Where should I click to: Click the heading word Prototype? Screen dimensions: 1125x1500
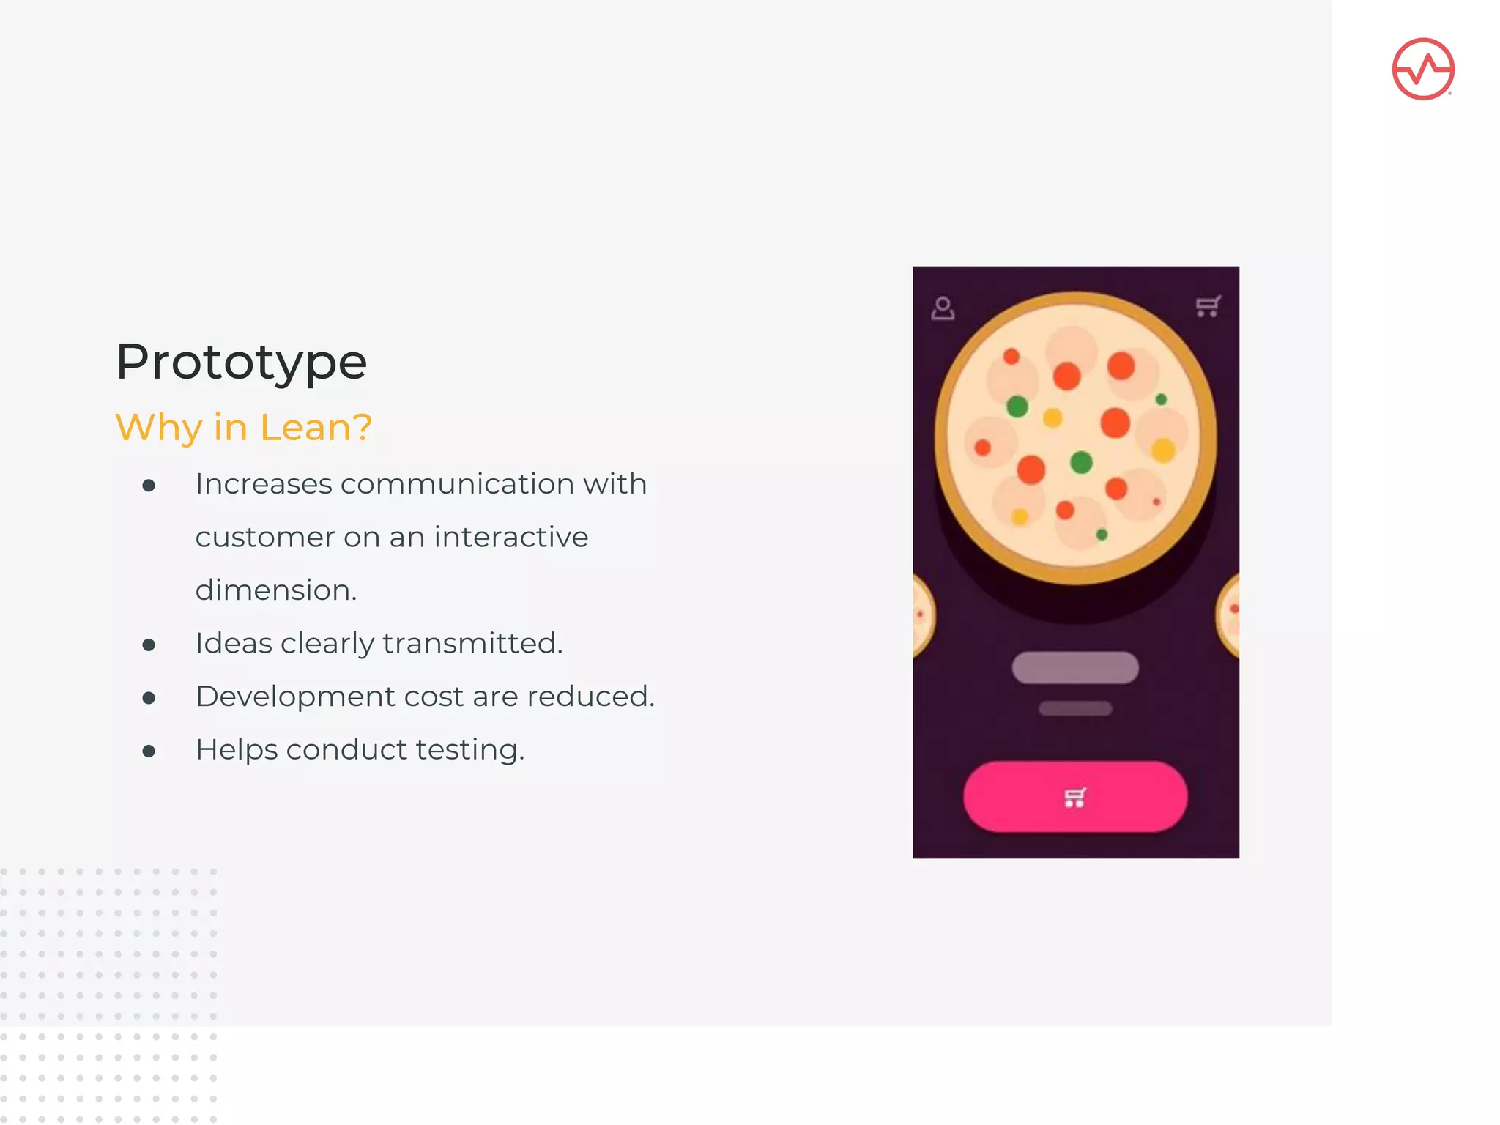[x=241, y=362]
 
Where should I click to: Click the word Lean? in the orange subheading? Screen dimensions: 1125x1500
[x=316, y=427]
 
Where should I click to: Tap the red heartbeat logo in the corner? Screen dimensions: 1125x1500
[x=1422, y=70]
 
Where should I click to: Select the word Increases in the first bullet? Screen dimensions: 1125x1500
[x=264, y=484]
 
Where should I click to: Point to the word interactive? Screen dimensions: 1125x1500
[x=511, y=537]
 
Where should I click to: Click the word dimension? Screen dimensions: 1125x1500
[x=276, y=590]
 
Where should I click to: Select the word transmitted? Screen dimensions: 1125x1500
[x=472, y=643]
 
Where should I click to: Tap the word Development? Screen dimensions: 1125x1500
[x=294, y=697]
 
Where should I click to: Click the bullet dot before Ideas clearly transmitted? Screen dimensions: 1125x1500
[x=149, y=645]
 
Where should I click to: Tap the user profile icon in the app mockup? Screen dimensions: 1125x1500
[x=943, y=308]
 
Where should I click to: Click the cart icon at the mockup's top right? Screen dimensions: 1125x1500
[x=1208, y=306]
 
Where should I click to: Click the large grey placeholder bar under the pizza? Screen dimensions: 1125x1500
[x=1074, y=668]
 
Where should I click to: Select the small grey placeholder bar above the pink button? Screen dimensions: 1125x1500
[x=1075, y=708]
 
